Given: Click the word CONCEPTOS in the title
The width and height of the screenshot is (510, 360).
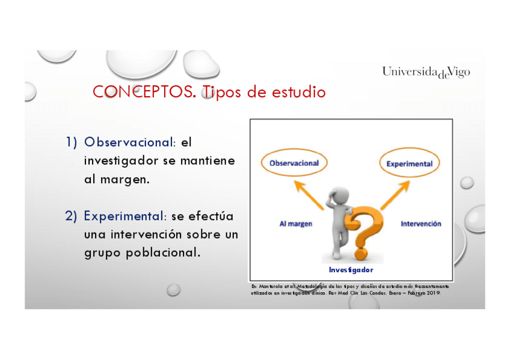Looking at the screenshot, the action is tap(144, 92).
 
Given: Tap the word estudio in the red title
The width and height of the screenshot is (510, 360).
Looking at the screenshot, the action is tap(298, 91).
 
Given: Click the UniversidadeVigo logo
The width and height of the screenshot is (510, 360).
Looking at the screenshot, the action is tap(426, 72).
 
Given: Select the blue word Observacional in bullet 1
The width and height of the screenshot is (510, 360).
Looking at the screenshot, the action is tap(129, 142).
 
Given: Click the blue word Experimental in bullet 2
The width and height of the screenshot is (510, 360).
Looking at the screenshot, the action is tap(124, 216).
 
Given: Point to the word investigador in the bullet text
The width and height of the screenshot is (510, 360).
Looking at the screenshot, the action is tap(121, 162).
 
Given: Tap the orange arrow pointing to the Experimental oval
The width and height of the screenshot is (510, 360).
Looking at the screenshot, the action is tap(395, 195).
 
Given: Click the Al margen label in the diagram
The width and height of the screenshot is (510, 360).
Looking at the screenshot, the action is tap(296, 224).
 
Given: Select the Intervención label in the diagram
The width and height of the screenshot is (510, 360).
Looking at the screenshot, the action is tap(421, 224).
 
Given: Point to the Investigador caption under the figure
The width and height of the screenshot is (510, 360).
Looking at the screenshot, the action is tap(351, 270).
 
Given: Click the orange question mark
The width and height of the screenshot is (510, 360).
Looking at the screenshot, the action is tap(364, 233).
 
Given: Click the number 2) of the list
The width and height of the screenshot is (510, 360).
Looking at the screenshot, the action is tap(71, 216).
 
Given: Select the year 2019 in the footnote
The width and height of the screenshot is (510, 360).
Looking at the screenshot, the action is tap(433, 293).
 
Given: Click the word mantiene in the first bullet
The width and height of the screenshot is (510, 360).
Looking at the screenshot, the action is tap(207, 161).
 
